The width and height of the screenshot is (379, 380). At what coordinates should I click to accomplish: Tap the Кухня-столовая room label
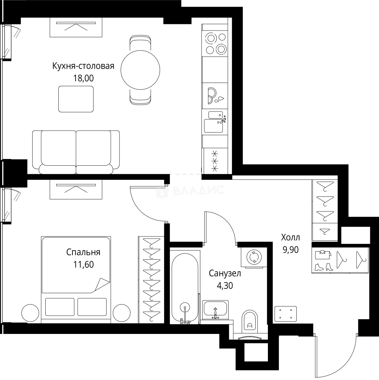coord(83,66)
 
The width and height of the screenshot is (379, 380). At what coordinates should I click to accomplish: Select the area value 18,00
coord(83,78)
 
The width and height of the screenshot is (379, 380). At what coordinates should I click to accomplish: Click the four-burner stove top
coord(216,43)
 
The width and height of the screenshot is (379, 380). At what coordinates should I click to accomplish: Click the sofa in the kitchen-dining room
coord(76,152)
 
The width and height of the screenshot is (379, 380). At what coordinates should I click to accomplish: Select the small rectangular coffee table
coord(76,99)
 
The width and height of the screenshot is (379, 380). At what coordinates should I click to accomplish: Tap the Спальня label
coord(83,252)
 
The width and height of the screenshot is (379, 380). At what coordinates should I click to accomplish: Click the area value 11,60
coord(83,265)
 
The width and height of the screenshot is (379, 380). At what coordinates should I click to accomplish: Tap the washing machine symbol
coord(253,257)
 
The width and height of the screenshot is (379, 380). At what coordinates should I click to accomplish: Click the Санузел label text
coord(225,273)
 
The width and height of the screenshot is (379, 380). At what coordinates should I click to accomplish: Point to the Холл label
coord(290,237)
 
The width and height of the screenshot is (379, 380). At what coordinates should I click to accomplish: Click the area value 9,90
coord(290,249)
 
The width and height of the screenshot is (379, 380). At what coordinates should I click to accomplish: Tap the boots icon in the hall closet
coord(323,267)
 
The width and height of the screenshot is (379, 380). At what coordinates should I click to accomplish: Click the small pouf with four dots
coord(285,314)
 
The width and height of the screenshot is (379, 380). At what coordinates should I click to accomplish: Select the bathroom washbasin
coord(215,309)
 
